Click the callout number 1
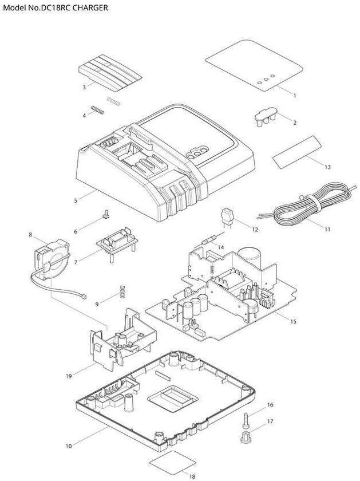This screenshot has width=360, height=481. tap(295, 96)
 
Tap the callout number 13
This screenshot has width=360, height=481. tap(327, 167)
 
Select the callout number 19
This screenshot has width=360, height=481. tap(69, 376)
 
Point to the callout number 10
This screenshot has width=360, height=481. tap(69, 446)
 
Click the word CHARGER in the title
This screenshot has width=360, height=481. tap(90, 7)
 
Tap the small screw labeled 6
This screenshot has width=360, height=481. tap(106, 214)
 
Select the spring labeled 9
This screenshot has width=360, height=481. tap(122, 291)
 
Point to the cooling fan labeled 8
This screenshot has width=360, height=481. tap(52, 260)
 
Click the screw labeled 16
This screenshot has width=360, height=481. tap(246, 420)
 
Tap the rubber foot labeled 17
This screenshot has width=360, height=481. tap(246, 437)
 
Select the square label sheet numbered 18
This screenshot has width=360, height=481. tap(173, 462)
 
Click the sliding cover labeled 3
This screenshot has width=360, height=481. tap(110, 73)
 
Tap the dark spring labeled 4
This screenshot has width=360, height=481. tap(97, 110)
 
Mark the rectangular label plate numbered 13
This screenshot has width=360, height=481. tap(298, 152)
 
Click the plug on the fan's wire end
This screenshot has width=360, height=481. tap(84, 297)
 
